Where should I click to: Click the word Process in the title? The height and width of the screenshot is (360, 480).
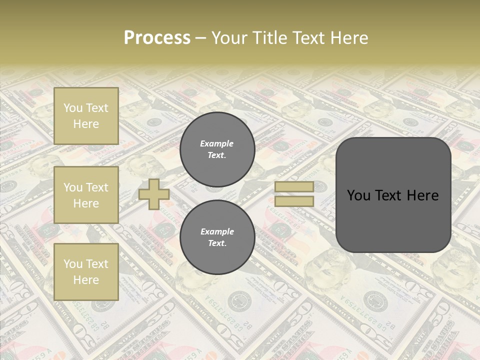pyautogui.click(x=157, y=38)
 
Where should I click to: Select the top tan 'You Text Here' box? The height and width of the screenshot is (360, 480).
pyautogui.click(x=86, y=116)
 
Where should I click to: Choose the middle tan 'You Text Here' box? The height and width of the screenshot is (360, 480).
pyautogui.click(x=86, y=195)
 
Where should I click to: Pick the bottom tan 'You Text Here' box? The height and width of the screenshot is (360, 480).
pyautogui.click(x=86, y=271)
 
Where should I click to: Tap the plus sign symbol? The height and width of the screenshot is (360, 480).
pyautogui.click(x=153, y=194)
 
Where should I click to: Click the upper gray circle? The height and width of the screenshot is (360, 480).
pyautogui.click(x=217, y=149)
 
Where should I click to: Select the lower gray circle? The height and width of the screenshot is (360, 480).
pyautogui.click(x=217, y=237)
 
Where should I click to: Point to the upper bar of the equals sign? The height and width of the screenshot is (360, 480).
pyautogui.click(x=294, y=186)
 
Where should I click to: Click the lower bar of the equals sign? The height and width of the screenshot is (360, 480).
pyautogui.click(x=294, y=201)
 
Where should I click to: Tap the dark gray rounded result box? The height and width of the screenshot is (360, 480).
pyautogui.click(x=393, y=195)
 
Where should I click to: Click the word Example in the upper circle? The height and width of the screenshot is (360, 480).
pyautogui.click(x=216, y=143)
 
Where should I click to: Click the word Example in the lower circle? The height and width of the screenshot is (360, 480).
pyautogui.click(x=217, y=231)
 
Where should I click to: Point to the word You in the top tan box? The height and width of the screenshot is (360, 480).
pyautogui.click(x=72, y=108)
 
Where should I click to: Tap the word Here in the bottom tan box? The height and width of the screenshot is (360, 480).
pyautogui.click(x=86, y=280)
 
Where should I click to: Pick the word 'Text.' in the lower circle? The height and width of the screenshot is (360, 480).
pyautogui.click(x=217, y=243)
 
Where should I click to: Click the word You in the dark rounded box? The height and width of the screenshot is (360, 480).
pyautogui.click(x=358, y=195)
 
